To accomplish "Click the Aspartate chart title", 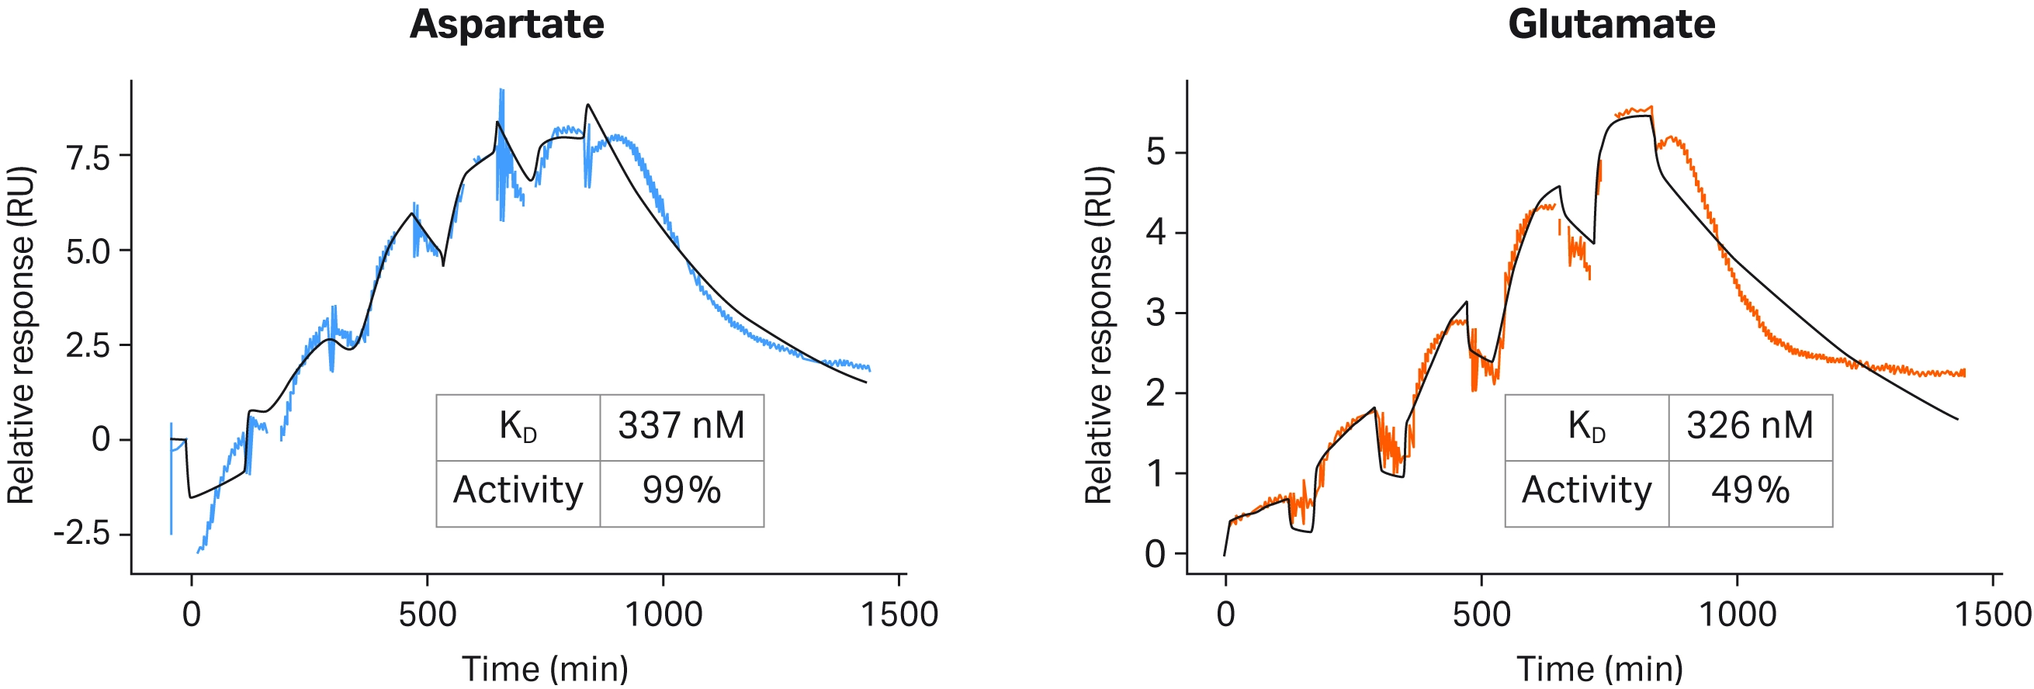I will point(507,25).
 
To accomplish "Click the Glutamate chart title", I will point(1612,25).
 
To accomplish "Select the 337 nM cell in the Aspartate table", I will point(681,427).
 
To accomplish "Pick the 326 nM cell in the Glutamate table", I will point(1750,427).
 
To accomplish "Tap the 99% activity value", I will point(681,491).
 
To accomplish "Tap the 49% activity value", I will point(1750,491).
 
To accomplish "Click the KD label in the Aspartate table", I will point(518,427).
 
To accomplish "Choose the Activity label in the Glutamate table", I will point(1586,491).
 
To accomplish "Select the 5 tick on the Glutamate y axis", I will point(1156,152).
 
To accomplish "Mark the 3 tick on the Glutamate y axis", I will point(1156,313).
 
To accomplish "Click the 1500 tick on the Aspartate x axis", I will point(899,615).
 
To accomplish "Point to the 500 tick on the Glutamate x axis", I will point(1481,615).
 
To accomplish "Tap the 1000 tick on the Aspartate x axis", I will point(664,615).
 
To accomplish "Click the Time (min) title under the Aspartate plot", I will point(545,670).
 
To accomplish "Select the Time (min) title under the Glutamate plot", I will point(1599,670).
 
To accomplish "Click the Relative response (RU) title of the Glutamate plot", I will point(1098,335).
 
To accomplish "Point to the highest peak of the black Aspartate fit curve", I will point(587,105).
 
